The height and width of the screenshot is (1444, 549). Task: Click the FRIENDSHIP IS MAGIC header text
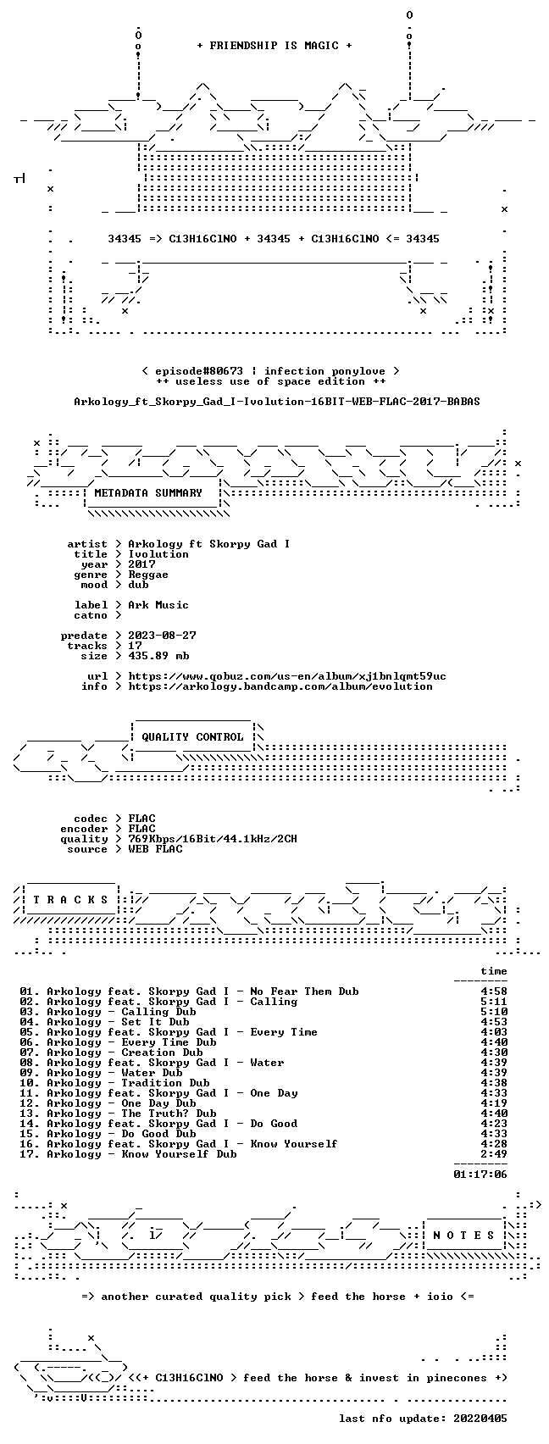click(x=274, y=46)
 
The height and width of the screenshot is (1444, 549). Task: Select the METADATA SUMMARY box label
click(x=148, y=493)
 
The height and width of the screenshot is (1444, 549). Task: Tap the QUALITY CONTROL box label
click(x=192, y=736)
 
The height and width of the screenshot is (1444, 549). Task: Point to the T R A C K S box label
click(x=71, y=899)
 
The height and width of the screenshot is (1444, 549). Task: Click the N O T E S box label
click(x=464, y=1236)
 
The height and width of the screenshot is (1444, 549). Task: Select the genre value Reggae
click(x=148, y=575)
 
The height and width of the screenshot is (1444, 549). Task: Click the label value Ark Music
click(x=158, y=605)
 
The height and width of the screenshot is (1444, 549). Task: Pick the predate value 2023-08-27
click(x=163, y=635)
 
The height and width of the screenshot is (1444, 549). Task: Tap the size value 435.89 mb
click(x=158, y=656)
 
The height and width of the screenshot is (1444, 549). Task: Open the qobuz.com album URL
click(x=287, y=676)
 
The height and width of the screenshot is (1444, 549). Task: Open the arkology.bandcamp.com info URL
click(x=280, y=686)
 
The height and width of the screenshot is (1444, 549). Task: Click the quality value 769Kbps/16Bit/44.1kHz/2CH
click(x=213, y=839)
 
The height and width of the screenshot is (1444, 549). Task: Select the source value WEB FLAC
click(x=155, y=849)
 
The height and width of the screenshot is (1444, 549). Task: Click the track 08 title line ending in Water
click(x=152, y=1063)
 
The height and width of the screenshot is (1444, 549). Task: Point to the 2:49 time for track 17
click(x=494, y=1154)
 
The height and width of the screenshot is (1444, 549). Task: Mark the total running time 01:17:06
click(x=480, y=1175)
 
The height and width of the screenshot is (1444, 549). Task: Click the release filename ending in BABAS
click(x=277, y=402)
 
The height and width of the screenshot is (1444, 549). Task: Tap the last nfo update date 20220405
click(x=480, y=1419)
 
